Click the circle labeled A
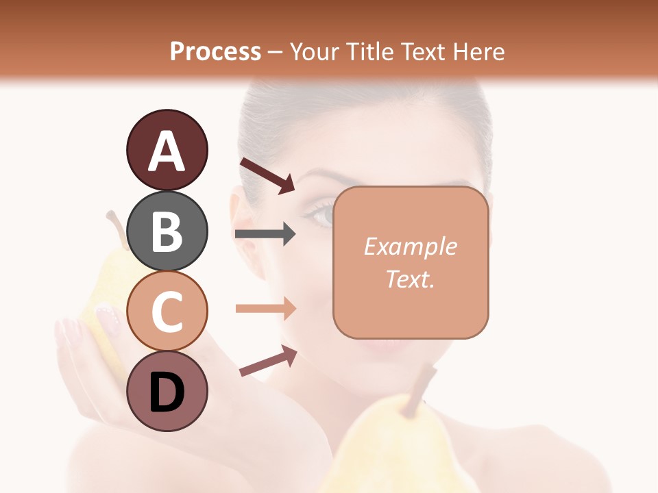(167, 150)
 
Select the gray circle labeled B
(167, 231)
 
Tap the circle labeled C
(167, 312)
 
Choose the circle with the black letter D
(167, 392)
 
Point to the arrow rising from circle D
(268, 361)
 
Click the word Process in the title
(215, 51)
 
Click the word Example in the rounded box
(410, 246)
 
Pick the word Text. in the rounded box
(410, 279)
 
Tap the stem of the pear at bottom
(419, 392)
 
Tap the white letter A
(167, 151)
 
